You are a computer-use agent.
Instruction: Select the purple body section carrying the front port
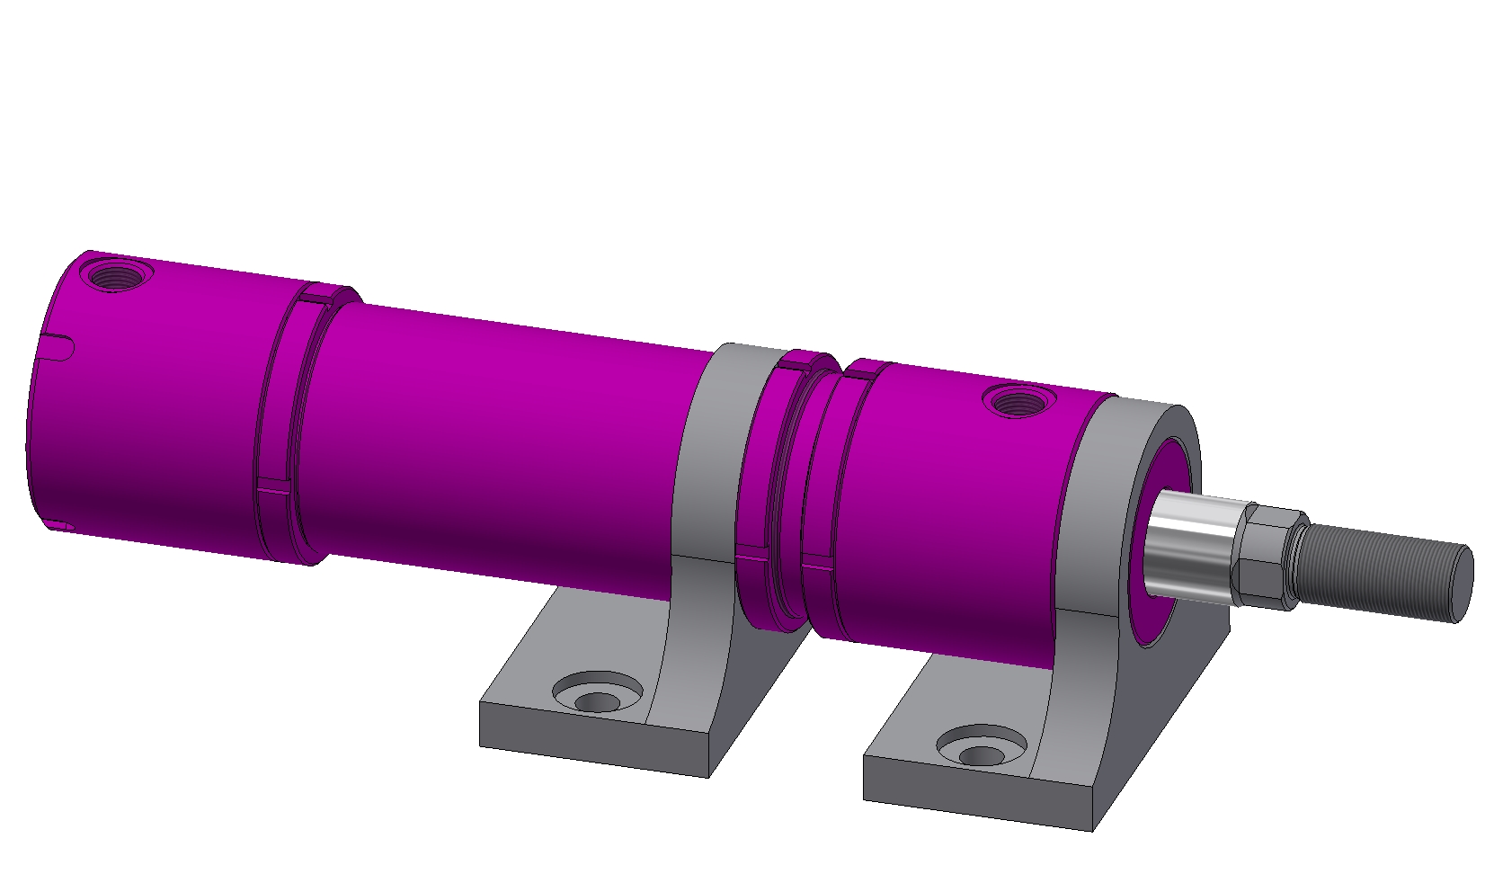click(x=953, y=504)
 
